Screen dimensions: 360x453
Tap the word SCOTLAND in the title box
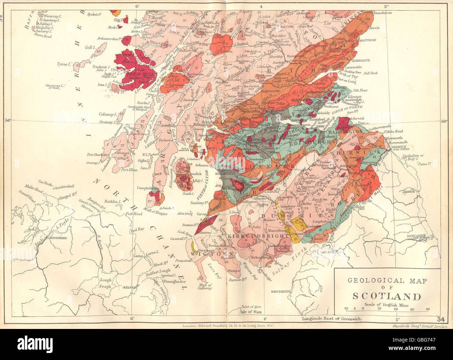click(387, 297)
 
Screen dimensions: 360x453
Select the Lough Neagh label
click(106, 283)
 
